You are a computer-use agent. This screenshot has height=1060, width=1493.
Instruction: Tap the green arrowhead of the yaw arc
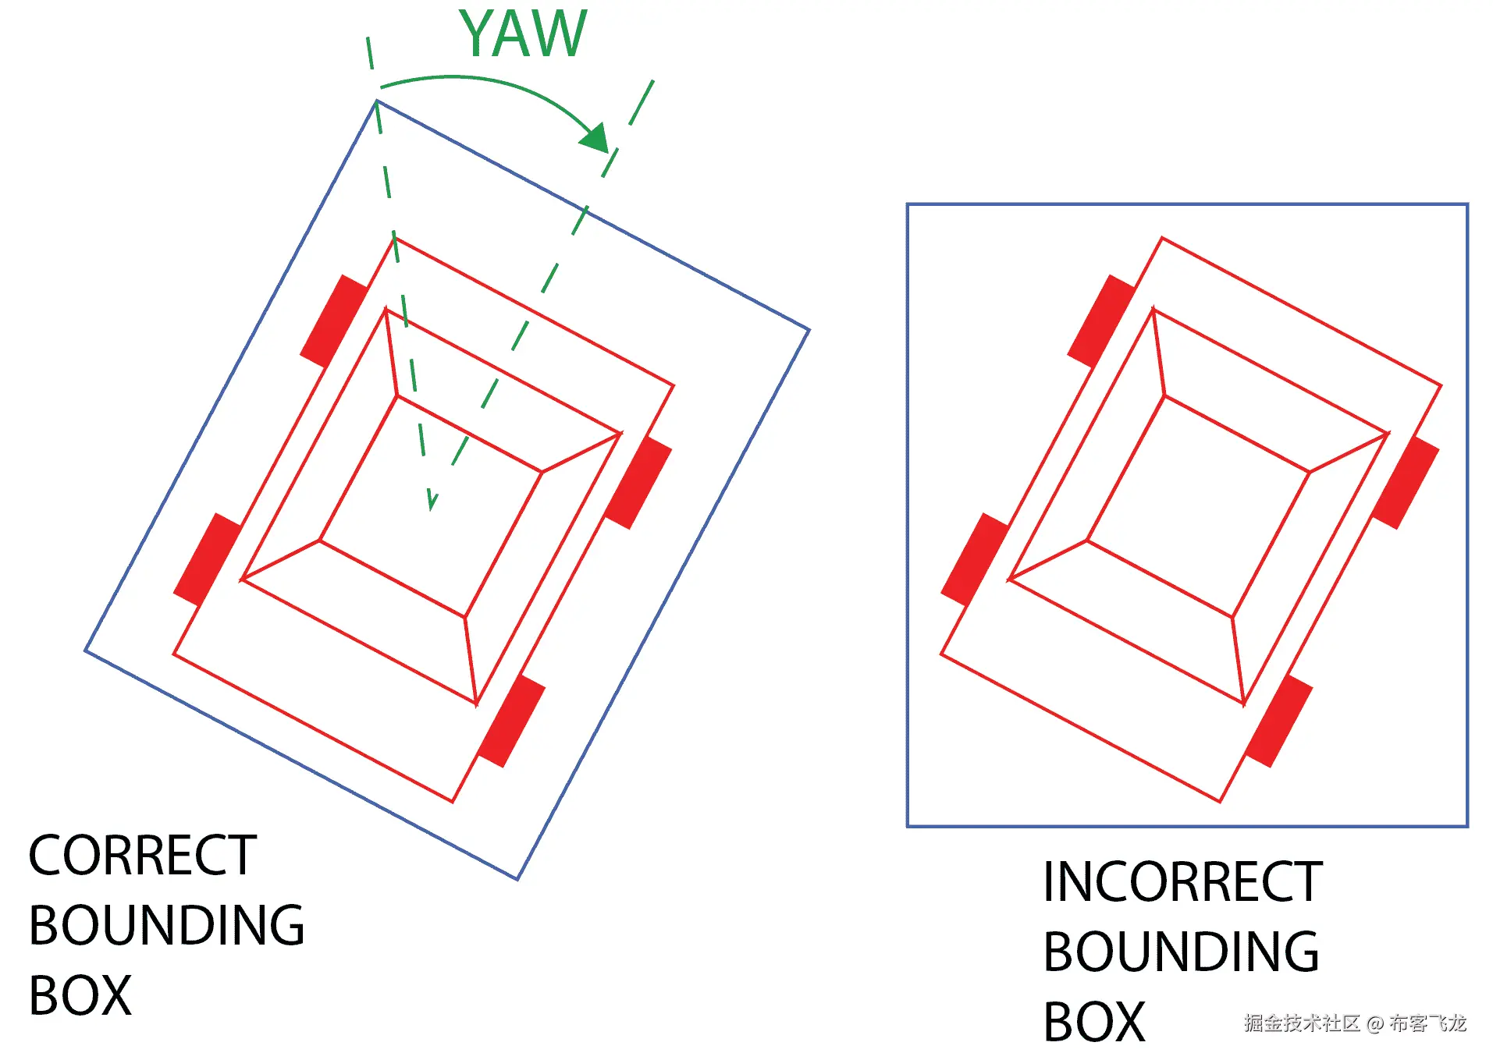pos(595,138)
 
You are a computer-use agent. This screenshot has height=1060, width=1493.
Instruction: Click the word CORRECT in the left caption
pos(142,855)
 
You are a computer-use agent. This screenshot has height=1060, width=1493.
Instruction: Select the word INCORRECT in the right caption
pos(1182,882)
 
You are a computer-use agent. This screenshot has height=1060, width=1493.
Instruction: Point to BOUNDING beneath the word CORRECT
pos(166,925)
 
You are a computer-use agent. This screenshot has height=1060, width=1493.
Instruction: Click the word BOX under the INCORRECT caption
pos(1093,1022)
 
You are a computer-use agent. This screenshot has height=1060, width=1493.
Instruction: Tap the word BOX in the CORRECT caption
pos(80,995)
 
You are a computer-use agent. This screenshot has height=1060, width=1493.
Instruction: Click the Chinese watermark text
pos(1355,1023)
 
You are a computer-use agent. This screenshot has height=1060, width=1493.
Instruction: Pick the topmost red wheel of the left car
pos(334,321)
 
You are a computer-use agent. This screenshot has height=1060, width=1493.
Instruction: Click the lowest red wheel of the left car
pos(511,721)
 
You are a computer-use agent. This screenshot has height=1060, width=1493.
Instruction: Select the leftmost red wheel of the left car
pos(208,559)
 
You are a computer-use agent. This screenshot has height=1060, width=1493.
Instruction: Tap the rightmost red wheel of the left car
pos(638,483)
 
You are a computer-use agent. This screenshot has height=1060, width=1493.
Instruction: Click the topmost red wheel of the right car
pos(1101,321)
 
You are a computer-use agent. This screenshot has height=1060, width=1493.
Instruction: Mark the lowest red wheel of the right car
pos(1278,721)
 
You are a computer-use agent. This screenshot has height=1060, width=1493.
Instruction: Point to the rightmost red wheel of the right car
pos(1406,483)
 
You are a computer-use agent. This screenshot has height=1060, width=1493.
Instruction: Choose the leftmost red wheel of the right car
pos(975,559)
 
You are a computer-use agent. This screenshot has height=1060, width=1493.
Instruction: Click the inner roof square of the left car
pos(431,507)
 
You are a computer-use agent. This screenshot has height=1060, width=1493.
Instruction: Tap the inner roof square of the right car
pos(1198,507)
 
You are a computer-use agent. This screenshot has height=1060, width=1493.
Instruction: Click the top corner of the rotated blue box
pos(377,101)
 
